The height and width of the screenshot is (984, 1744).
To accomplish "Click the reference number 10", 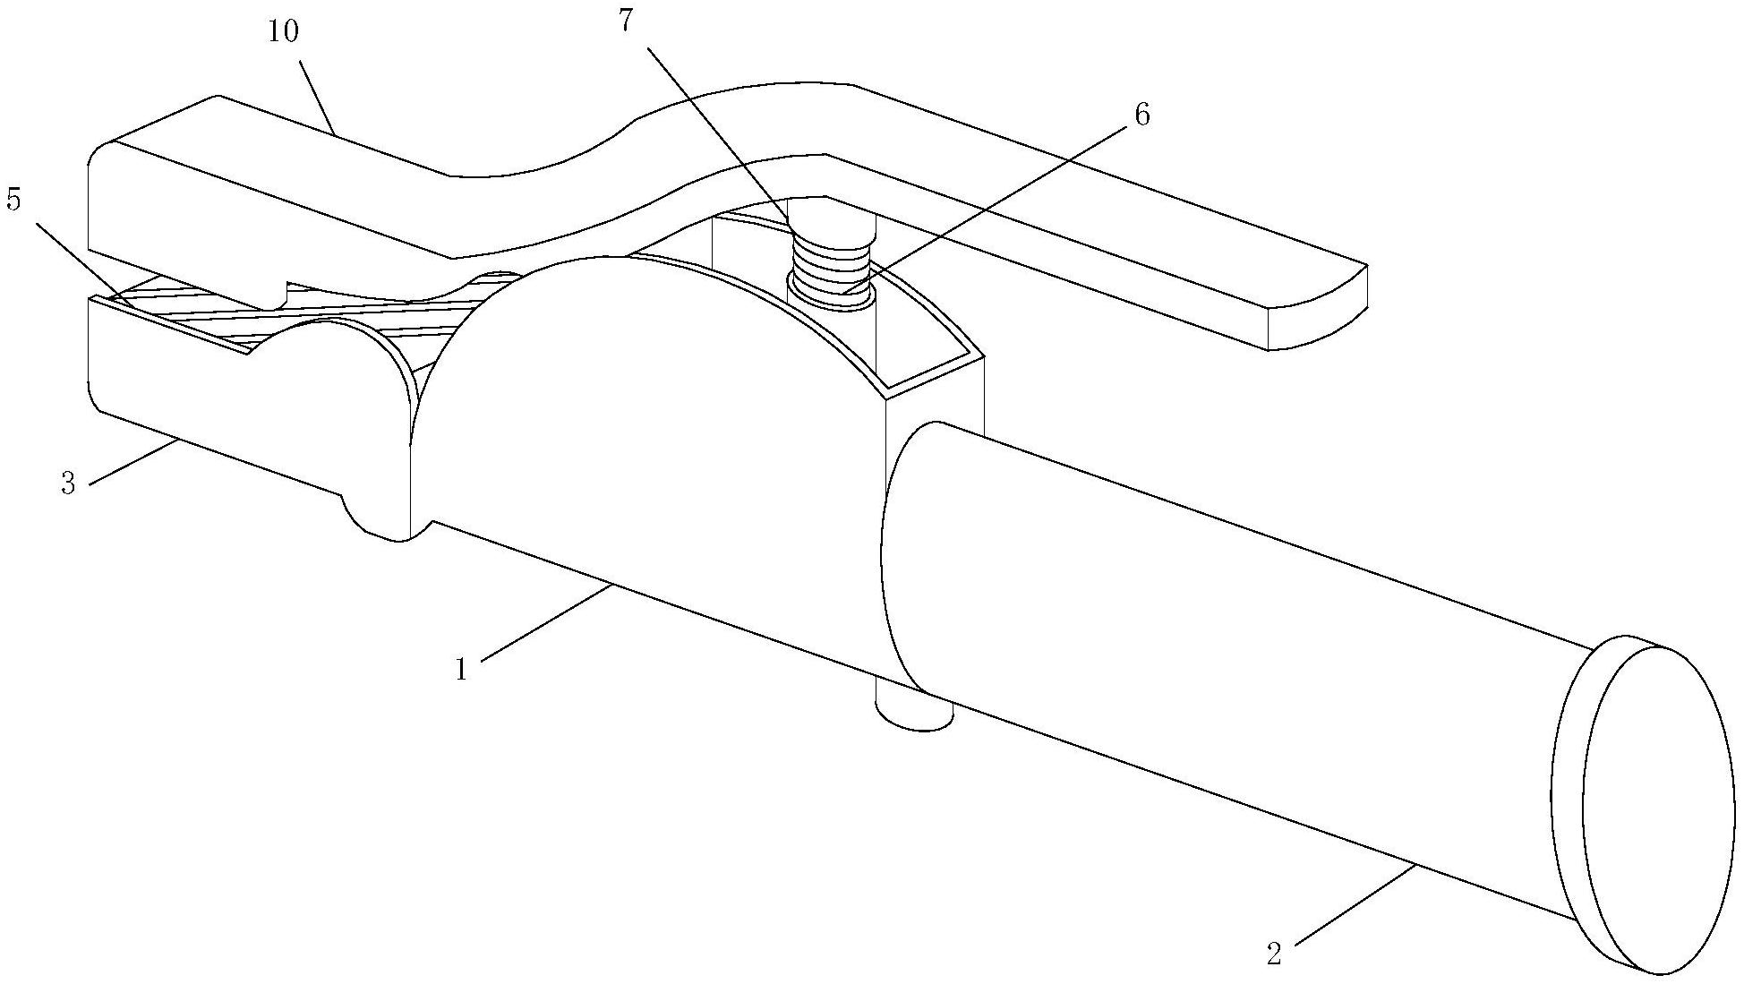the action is click(283, 33).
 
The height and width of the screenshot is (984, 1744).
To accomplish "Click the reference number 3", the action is click(68, 484).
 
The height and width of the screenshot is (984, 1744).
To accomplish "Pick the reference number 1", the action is click(461, 668).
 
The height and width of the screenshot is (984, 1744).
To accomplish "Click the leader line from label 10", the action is click(317, 99).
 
